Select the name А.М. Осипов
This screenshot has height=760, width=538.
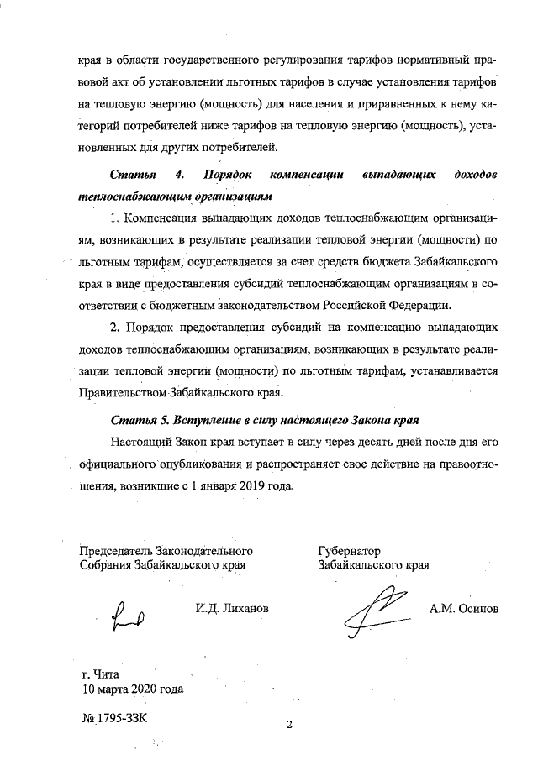tap(463, 608)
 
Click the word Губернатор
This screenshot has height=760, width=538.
tap(350, 551)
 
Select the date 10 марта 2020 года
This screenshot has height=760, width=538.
tap(132, 689)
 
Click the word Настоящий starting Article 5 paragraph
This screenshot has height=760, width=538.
tap(140, 440)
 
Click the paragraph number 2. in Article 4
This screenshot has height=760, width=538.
tap(115, 324)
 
